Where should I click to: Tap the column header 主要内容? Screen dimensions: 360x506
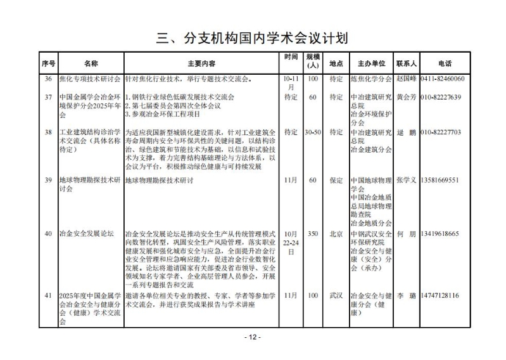(x=201, y=63)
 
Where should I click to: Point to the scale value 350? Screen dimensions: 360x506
(x=312, y=234)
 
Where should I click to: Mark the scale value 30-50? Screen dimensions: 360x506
(x=312, y=132)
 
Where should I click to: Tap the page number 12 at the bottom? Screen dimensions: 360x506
(x=253, y=337)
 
